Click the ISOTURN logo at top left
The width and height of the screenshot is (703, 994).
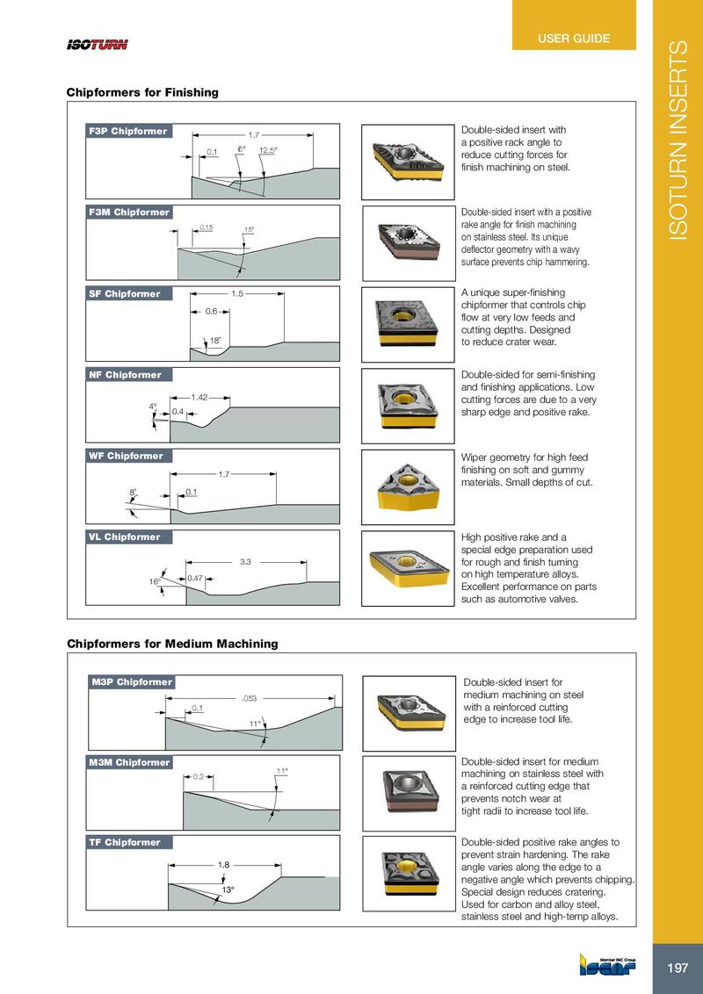(98, 45)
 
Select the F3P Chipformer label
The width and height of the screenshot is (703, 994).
(128, 132)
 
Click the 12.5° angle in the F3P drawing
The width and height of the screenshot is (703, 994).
(267, 150)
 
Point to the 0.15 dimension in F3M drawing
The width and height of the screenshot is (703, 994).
(207, 227)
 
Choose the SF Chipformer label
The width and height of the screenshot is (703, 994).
(125, 294)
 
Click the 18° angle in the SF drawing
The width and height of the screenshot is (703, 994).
(214, 340)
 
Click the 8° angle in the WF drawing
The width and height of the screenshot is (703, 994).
(133, 493)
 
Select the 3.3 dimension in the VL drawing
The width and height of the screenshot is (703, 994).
(246, 561)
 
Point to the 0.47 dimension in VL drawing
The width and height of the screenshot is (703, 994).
(196, 578)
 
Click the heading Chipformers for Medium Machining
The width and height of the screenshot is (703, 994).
(172, 644)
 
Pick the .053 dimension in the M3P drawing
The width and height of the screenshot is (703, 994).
(249, 699)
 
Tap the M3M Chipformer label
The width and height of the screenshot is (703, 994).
(130, 762)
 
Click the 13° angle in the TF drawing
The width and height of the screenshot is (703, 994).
(227, 890)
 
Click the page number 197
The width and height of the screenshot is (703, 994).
(678, 969)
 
